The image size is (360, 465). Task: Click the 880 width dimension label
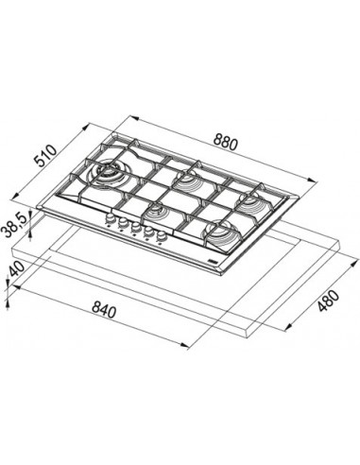pos(225,143)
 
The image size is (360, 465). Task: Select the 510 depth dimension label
pos(46,156)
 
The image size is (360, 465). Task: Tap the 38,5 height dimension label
pos(15,225)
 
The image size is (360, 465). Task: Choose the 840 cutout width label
pos(104,309)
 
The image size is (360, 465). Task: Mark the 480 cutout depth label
pos(328,301)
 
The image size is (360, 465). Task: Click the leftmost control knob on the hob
pos(110,218)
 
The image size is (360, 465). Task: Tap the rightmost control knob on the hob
pos(162,235)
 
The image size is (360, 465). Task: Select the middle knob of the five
pos(135,227)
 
